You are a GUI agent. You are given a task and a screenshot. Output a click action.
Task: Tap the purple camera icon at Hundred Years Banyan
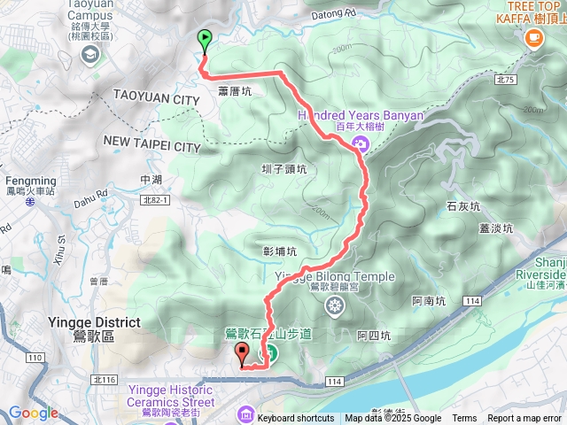click(361, 144)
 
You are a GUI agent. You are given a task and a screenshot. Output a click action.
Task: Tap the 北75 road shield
click(506, 79)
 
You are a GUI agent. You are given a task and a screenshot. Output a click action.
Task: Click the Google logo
click(33, 413)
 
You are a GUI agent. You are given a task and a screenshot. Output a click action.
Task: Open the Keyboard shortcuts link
click(296, 419)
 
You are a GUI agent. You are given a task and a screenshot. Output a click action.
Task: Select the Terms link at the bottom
click(464, 419)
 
